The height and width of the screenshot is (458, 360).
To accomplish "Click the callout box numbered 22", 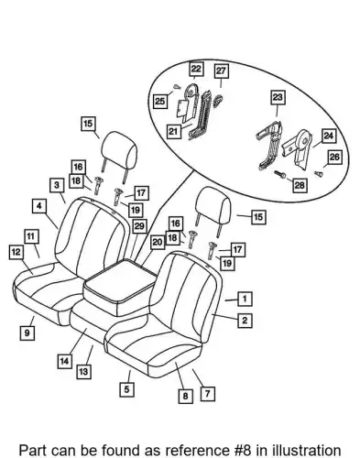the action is [x=196, y=69].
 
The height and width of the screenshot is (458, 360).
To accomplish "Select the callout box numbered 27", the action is [x=221, y=71].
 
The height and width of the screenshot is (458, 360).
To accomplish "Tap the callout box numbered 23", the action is [x=278, y=98].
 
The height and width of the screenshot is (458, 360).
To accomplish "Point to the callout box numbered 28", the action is [x=300, y=185].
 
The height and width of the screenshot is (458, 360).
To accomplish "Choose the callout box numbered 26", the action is [x=334, y=157].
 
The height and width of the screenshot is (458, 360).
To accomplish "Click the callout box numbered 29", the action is [x=139, y=226].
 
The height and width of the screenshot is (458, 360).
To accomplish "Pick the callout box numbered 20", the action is [x=158, y=243].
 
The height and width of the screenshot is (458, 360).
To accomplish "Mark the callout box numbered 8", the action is [x=186, y=396].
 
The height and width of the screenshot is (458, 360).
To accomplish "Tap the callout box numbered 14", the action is [x=65, y=361].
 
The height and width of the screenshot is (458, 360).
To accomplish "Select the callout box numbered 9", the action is [x=27, y=333].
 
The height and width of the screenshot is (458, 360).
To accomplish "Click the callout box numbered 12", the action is [x=16, y=252].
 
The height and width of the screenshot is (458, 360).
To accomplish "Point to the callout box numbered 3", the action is [x=57, y=185].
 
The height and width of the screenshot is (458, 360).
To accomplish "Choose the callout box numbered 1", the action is [x=245, y=299].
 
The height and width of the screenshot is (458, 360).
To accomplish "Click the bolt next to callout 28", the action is [x=280, y=174].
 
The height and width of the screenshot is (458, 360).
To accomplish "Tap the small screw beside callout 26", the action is [x=319, y=174].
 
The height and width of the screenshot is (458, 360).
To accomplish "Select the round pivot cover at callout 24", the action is [x=304, y=139].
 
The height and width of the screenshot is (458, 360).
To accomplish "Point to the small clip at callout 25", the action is [x=177, y=87].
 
